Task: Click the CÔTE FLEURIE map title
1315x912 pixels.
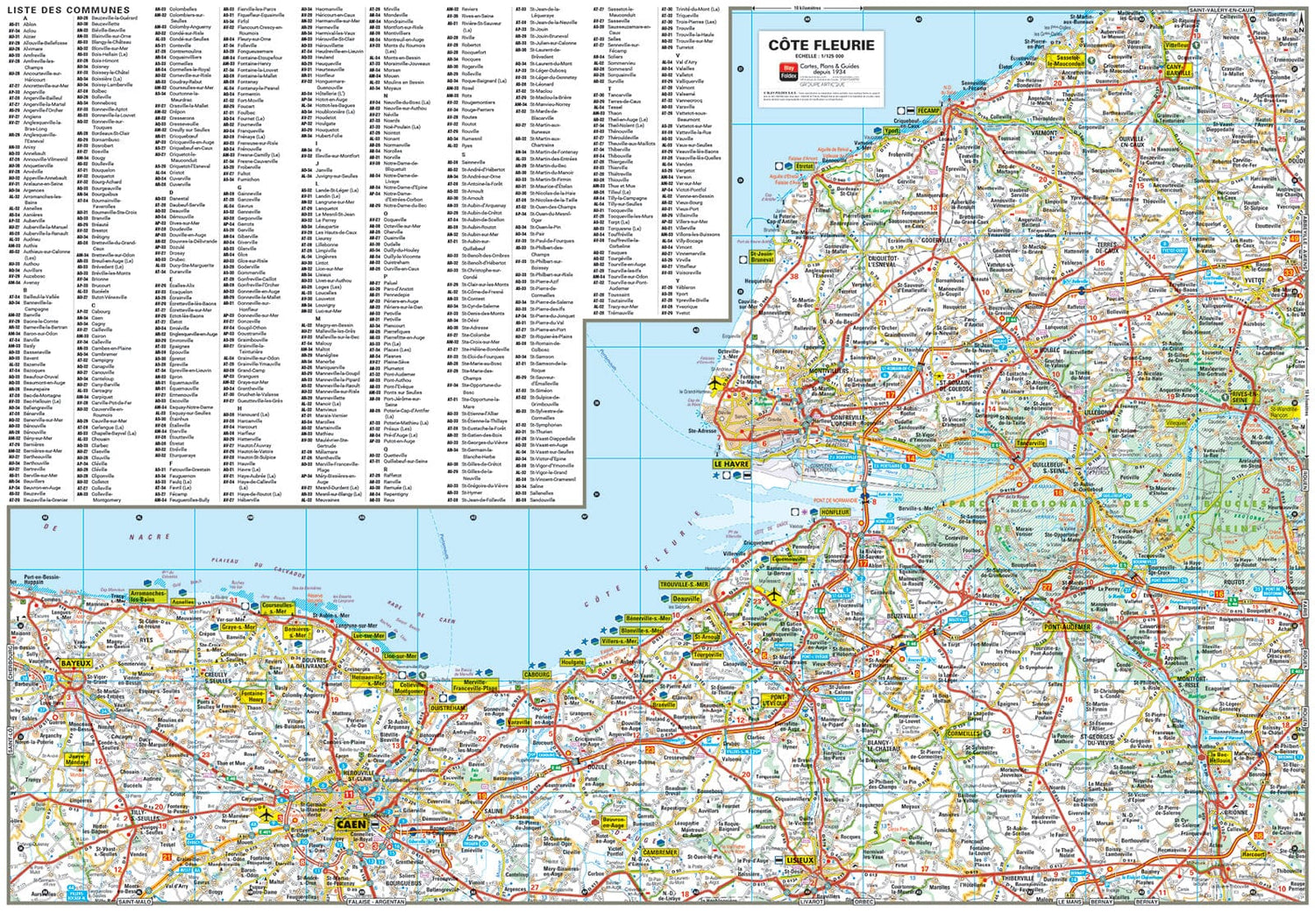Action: coord(821,45)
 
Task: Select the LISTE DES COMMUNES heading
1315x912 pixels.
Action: coord(68,10)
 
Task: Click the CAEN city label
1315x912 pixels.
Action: coord(351,824)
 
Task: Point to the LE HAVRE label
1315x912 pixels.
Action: coord(731,464)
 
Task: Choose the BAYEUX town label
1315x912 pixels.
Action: coord(75,663)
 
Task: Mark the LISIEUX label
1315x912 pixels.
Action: coord(800,859)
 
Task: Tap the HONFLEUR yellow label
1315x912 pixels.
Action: coord(835,513)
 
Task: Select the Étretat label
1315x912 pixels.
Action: coord(804,166)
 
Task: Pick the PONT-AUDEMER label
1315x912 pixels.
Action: coord(1067,627)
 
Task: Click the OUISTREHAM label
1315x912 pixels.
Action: coord(448,708)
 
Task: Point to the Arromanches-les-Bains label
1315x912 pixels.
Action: coord(148,596)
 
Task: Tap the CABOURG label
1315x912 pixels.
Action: coord(537,675)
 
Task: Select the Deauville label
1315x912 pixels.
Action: coord(686,599)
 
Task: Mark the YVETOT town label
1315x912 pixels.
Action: coord(1255,281)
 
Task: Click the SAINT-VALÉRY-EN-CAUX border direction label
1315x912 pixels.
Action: coord(1221,10)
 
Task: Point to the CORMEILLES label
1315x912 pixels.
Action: coord(963,733)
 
